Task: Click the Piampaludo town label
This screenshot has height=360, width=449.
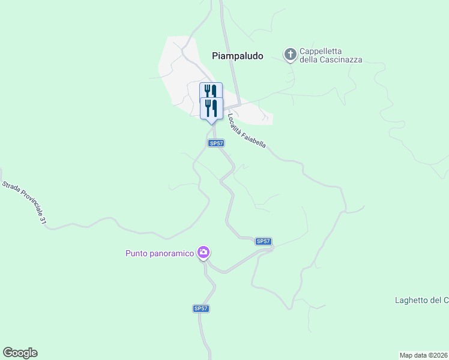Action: (238, 56)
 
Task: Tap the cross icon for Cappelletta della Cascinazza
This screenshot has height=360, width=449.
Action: (291, 55)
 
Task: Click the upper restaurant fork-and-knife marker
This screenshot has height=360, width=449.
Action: (211, 91)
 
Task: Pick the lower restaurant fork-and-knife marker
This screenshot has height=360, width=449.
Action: (211, 107)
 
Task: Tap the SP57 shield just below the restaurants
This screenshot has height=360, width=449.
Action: (216, 143)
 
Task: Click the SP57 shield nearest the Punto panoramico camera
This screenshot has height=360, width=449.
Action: (264, 241)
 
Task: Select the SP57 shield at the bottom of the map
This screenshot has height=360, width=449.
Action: (201, 308)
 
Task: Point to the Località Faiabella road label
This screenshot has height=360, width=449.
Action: (246, 130)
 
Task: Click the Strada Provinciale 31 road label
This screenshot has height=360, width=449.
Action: (23, 202)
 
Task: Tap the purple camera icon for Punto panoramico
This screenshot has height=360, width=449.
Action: (204, 253)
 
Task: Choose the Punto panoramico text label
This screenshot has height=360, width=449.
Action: (160, 253)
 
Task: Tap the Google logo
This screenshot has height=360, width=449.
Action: (20, 353)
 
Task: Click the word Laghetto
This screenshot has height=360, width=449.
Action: (411, 300)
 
